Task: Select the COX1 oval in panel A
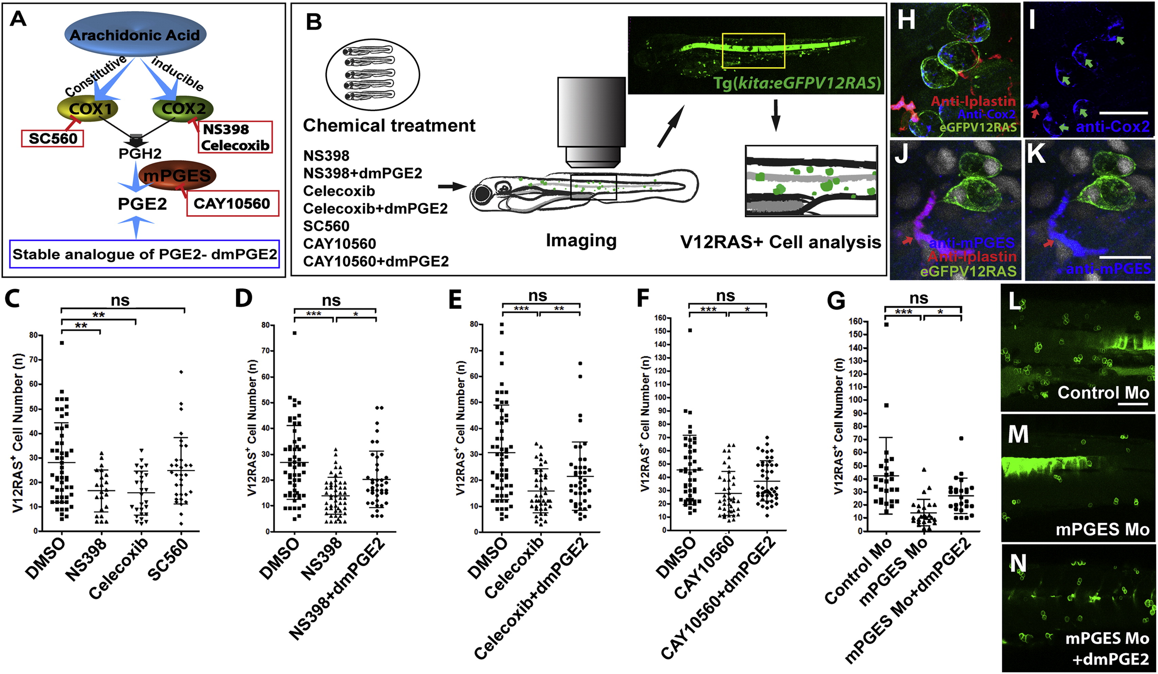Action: (x=87, y=109)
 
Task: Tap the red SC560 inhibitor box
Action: (x=52, y=138)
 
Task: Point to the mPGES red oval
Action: (x=177, y=175)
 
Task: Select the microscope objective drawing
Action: (x=591, y=122)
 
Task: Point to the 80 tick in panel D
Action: (x=265, y=325)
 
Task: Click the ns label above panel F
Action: (x=725, y=296)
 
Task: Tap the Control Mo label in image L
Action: (x=1103, y=393)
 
